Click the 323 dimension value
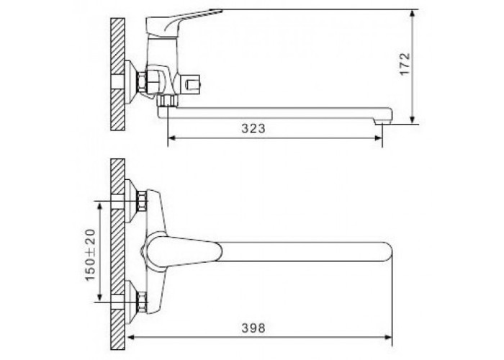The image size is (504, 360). pyautogui.click(x=253, y=128)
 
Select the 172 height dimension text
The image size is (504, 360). pyautogui.click(x=405, y=63)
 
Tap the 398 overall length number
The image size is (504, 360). pyautogui.click(x=253, y=328)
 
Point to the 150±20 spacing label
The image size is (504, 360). pyautogui.click(x=91, y=254)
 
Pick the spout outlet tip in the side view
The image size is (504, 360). pyautogui.click(x=383, y=122)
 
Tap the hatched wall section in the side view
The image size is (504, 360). pyautogui.click(x=117, y=74)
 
